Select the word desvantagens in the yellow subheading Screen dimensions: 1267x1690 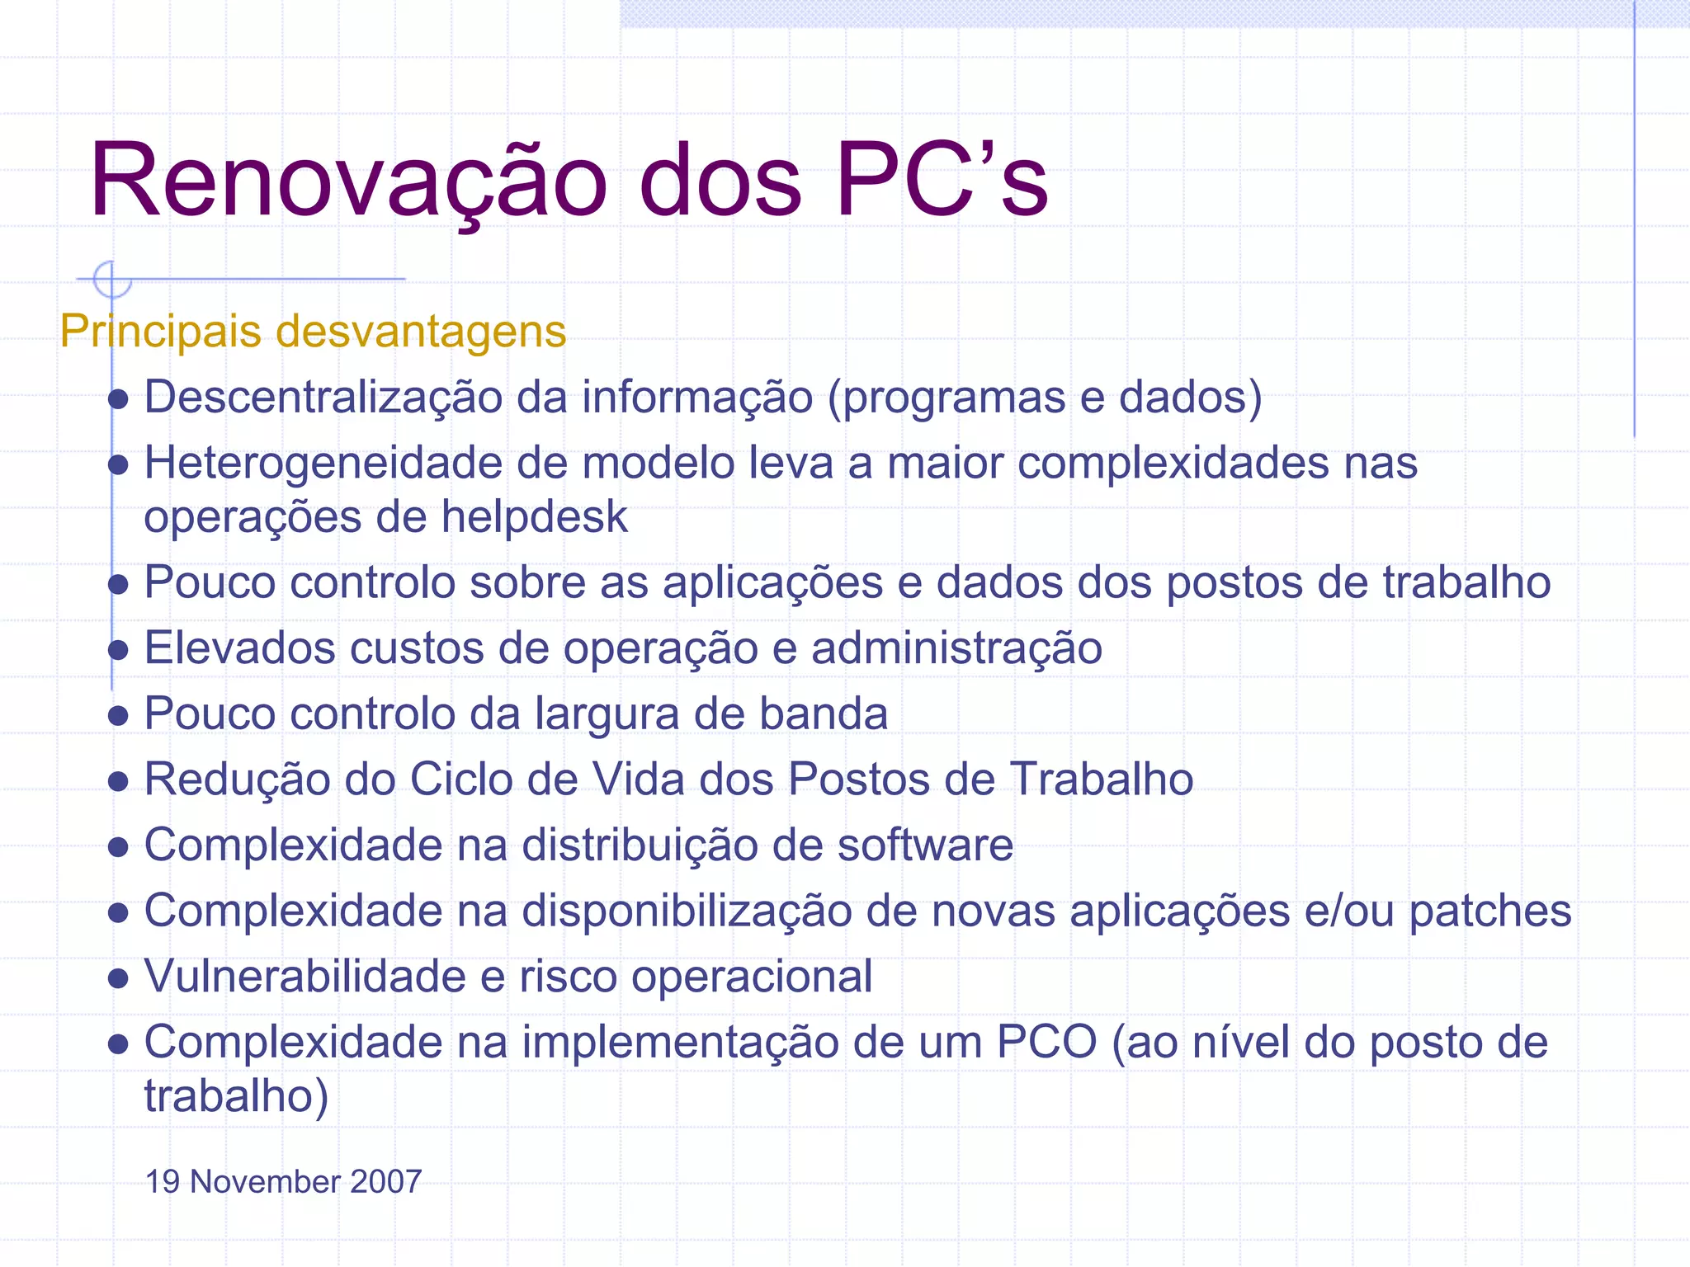click(x=421, y=332)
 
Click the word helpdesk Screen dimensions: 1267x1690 click(x=534, y=518)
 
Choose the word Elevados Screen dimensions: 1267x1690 click(x=240, y=648)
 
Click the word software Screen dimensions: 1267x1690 click(x=925, y=845)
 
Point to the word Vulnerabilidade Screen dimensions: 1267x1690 click(x=305, y=977)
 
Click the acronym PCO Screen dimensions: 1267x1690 click(x=1046, y=1043)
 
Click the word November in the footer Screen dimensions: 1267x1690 click(x=265, y=1182)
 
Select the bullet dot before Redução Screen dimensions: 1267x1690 click(x=118, y=781)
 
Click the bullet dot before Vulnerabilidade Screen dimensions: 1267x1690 click(x=118, y=979)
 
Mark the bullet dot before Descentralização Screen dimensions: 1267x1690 click(x=118, y=400)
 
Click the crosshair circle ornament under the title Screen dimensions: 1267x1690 click(x=112, y=280)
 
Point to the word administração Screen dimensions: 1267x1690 click(x=956, y=648)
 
